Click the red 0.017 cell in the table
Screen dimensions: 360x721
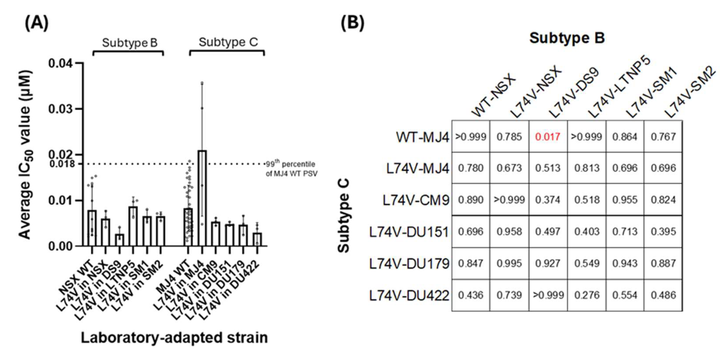click(548, 137)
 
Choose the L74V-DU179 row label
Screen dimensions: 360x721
click(409, 264)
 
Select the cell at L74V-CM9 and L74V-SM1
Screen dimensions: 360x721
click(625, 200)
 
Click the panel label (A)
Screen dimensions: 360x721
click(36, 23)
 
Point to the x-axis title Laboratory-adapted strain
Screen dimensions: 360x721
click(174, 338)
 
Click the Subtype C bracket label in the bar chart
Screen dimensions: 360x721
click(228, 42)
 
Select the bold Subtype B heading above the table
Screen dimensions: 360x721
click(567, 38)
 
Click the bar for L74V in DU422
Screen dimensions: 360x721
click(257, 239)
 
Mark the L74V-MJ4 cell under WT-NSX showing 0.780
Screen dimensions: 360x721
click(471, 168)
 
